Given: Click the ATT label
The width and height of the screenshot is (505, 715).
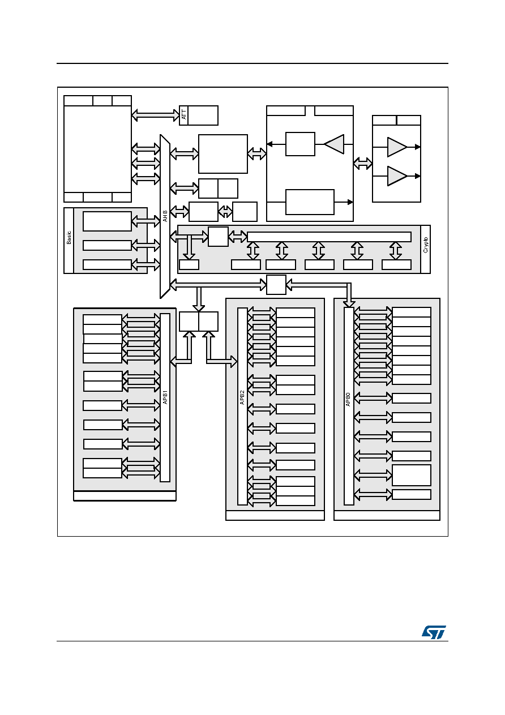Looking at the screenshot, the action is point(183,115).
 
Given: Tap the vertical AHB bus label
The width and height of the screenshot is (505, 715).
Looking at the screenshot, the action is point(165,216).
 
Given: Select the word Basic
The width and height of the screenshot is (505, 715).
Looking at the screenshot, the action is point(69,237).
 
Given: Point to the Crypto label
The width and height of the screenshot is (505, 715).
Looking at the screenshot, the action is point(426,245).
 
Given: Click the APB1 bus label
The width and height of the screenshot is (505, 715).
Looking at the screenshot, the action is point(165,397).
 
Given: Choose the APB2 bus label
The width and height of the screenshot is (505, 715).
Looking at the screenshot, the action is point(242,397).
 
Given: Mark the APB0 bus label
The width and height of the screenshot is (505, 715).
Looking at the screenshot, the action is point(348,399).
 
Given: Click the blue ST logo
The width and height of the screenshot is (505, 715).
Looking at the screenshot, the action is point(434,632).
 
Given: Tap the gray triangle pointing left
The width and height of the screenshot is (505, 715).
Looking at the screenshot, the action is point(334,144).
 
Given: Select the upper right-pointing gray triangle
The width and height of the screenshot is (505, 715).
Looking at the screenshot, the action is point(397,147).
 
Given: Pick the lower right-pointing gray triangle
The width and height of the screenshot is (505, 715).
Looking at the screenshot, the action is point(397,176).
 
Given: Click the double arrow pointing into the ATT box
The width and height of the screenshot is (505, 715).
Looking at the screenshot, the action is point(156,115).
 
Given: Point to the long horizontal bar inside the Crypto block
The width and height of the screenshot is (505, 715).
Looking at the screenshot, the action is point(329,237).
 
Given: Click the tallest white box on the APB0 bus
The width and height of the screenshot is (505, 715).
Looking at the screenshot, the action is point(412,476).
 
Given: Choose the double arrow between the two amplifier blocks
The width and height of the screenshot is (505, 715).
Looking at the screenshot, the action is point(363,164).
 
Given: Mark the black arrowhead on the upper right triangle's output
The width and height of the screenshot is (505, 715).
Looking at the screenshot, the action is point(418,147).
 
